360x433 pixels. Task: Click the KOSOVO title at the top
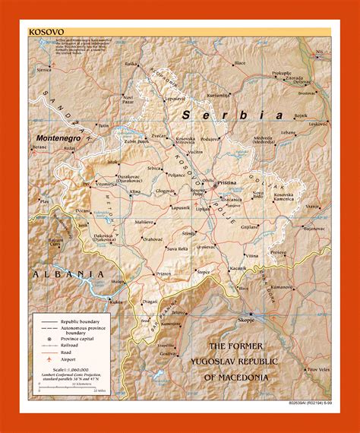click(x=46, y=32)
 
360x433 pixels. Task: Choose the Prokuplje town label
click(x=281, y=74)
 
